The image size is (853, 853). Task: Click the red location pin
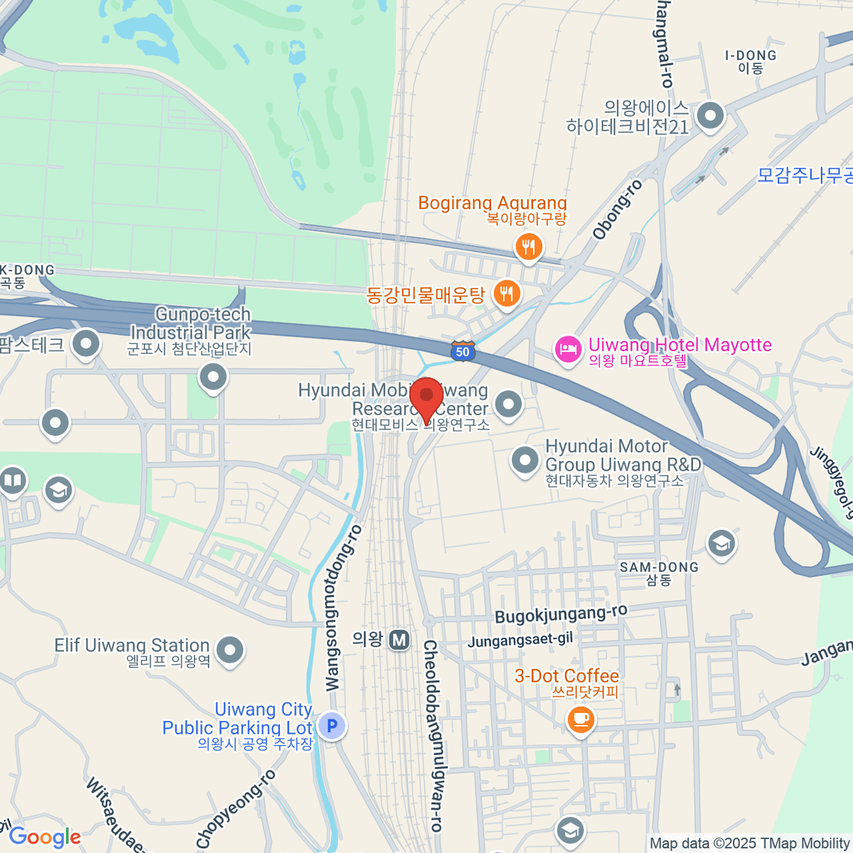click(x=426, y=398)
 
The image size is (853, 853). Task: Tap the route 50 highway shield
click(x=463, y=351)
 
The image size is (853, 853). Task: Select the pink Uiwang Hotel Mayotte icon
click(x=568, y=350)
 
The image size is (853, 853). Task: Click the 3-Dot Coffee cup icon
click(x=581, y=719)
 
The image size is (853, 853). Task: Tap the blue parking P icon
click(x=331, y=726)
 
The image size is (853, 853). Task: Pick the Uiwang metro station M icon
click(x=399, y=640)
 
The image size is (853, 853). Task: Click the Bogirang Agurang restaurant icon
click(x=528, y=247)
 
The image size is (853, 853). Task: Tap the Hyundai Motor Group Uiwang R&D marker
click(x=525, y=460)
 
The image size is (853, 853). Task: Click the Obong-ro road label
click(x=618, y=210)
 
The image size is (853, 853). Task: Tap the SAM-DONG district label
click(x=659, y=567)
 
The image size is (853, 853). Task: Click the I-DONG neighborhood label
click(x=751, y=55)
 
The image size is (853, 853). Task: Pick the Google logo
click(x=45, y=837)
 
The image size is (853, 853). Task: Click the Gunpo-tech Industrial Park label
click(x=191, y=323)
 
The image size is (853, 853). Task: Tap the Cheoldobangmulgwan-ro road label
click(x=432, y=736)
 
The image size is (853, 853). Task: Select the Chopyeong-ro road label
click(x=236, y=809)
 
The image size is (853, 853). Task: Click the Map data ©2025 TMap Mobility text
click(x=749, y=844)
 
